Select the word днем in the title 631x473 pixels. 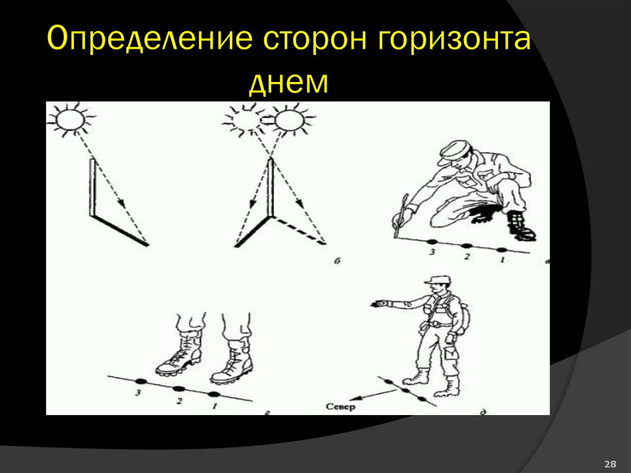289,82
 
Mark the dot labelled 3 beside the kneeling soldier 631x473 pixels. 431,242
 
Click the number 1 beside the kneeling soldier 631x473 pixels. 502,260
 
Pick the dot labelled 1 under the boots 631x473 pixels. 214,394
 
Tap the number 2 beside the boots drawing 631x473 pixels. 179,401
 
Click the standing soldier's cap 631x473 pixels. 436,281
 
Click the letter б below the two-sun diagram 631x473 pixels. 338,262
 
